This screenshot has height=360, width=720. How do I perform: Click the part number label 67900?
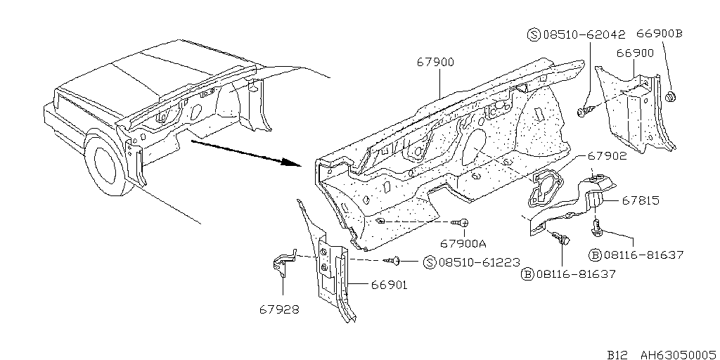point(435,62)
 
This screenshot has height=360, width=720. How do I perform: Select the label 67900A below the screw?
point(463,243)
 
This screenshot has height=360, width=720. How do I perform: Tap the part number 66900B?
point(660,34)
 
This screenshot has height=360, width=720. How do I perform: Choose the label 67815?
point(641,200)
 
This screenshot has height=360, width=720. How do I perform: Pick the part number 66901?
point(389,285)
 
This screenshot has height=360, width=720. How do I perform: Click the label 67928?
point(279,309)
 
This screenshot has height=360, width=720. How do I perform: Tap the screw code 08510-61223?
point(480,262)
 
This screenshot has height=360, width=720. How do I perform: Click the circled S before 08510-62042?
point(534,34)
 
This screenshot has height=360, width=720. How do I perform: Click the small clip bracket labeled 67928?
point(281,265)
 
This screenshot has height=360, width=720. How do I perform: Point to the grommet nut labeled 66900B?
point(669,97)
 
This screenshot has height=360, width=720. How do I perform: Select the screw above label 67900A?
point(460,223)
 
